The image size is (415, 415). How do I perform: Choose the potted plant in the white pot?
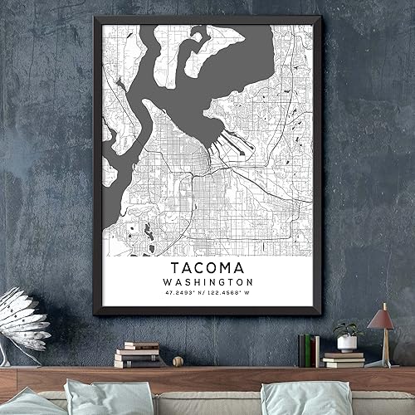click(346, 335)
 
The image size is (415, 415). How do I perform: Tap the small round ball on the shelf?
click(178, 361)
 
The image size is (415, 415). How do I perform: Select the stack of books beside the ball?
click(138, 354)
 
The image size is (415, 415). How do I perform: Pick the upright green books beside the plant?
click(307, 349)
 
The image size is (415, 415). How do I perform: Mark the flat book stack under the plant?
click(344, 359)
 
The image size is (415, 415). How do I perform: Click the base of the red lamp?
click(381, 363)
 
